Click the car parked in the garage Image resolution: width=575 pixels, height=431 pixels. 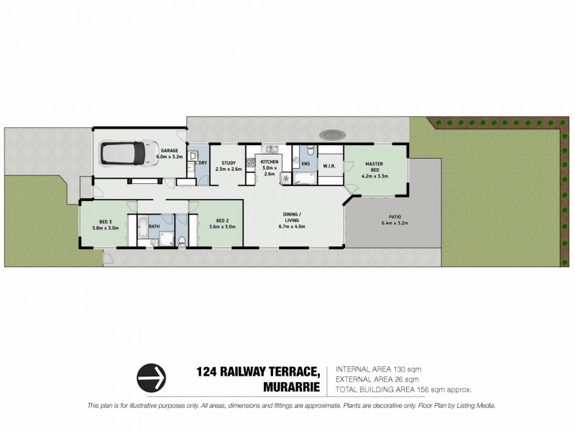click(x=121, y=153)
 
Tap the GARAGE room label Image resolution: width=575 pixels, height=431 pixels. click(x=170, y=150)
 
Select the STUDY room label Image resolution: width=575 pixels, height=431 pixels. click(x=229, y=163)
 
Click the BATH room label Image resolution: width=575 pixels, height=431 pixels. click(x=155, y=227)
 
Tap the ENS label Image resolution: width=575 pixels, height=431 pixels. click(x=305, y=164)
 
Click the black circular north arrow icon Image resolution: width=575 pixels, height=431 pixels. click(x=152, y=376)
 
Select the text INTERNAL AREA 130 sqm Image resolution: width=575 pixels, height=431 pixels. click(x=374, y=369)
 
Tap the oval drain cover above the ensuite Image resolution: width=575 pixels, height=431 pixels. click(x=333, y=134)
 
